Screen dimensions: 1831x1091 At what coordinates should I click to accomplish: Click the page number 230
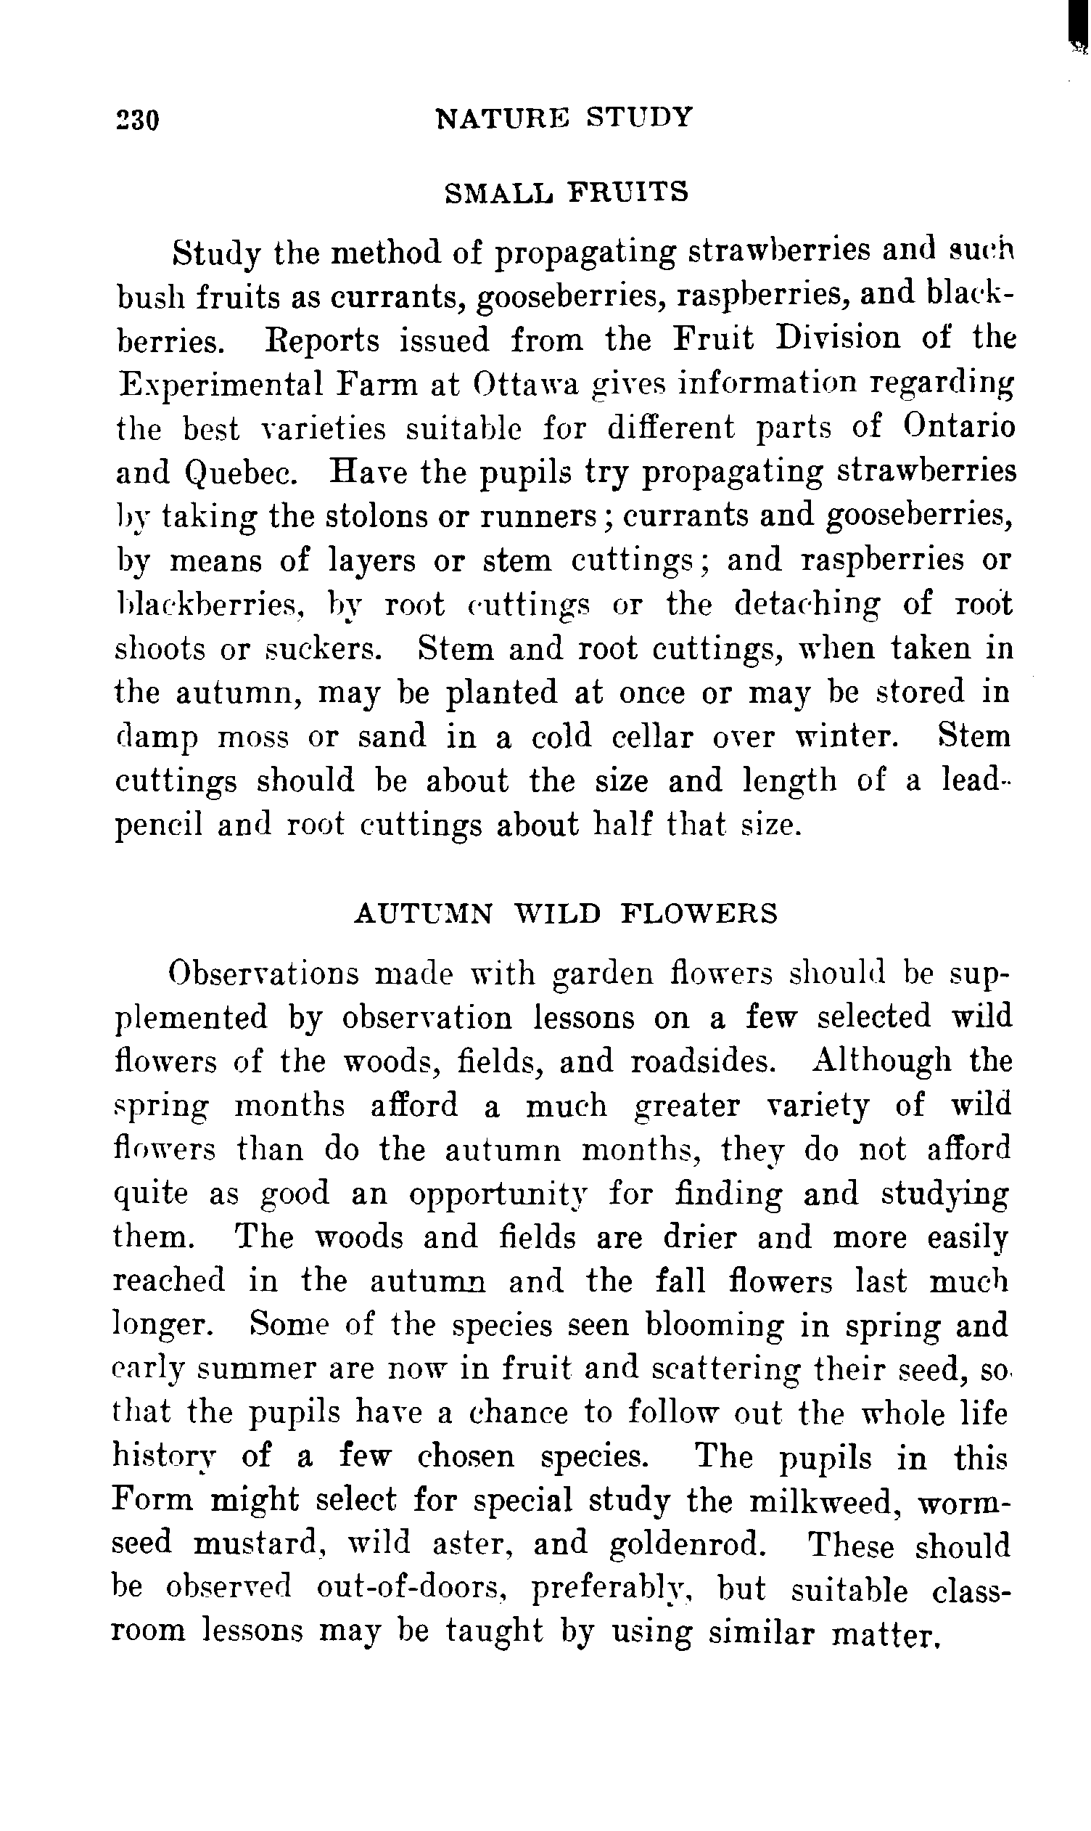[138, 119]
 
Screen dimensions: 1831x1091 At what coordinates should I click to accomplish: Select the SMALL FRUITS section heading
[567, 192]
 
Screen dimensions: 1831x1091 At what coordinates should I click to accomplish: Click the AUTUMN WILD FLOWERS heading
[565, 913]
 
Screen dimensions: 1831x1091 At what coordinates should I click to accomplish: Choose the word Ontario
[960, 428]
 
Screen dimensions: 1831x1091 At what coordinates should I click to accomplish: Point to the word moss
[254, 738]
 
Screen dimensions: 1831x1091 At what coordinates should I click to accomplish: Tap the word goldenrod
[688, 1545]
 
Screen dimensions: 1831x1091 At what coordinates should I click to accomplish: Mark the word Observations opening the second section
[263, 974]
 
